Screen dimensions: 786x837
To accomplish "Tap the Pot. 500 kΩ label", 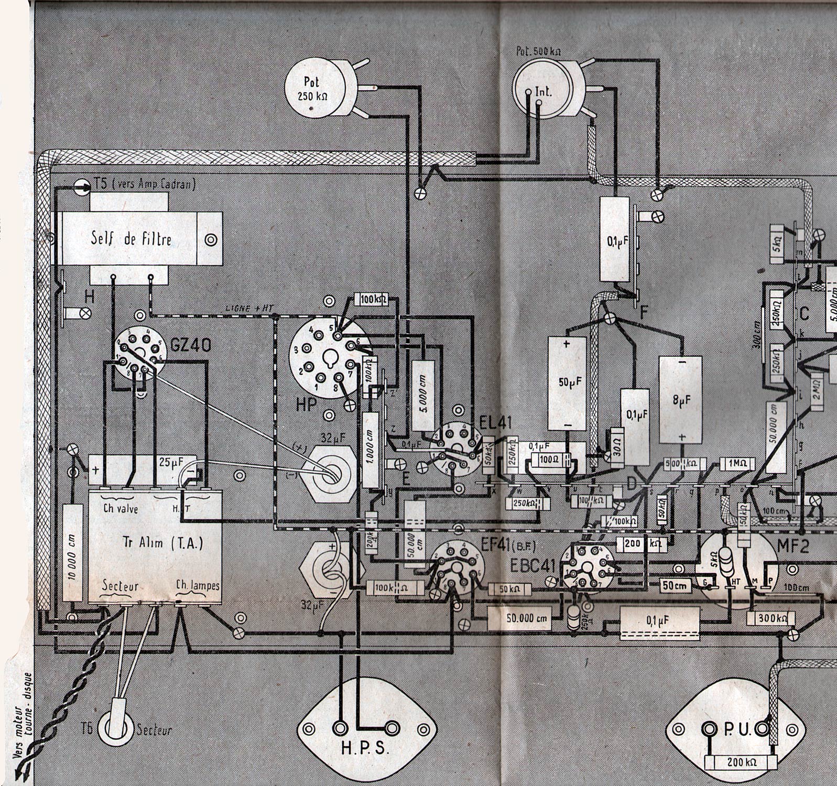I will pos(538,51).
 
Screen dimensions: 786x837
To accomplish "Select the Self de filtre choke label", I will pos(131,239).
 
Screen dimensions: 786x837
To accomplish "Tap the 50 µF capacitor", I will pos(567,383).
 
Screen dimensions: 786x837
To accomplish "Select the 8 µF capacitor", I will pos(680,399).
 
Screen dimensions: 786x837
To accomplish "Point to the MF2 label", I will pos(792,547).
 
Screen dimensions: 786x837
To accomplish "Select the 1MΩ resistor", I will pos(737,463).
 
